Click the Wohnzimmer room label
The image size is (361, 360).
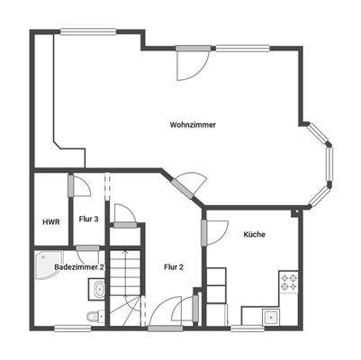point(193,125)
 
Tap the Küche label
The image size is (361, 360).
point(254,234)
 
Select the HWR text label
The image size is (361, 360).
point(50,221)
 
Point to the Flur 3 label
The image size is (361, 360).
point(88,219)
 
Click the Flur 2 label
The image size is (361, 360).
point(174,266)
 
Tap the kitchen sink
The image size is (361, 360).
point(269,316)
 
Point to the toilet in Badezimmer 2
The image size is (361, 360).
point(95,315)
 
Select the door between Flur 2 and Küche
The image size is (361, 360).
point(203,229)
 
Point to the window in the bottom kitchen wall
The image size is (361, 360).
point(247,328)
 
